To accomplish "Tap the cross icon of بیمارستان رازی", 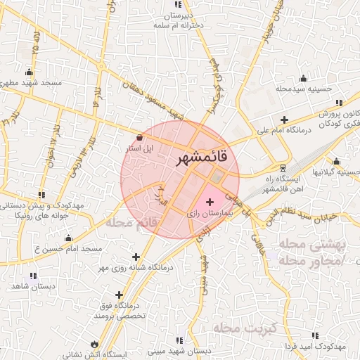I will tap(210, 202).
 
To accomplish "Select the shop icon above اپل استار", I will tap(139, 137).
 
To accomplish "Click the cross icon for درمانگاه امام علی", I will tap(283, 120).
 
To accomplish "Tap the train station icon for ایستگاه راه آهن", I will tap(283, 168).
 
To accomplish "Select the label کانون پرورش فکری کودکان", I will tap(333, 119).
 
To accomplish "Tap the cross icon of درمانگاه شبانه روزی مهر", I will tap(136, 257).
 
